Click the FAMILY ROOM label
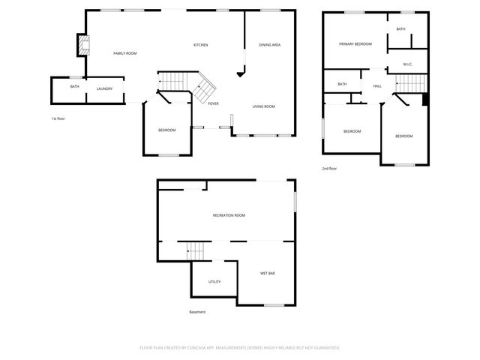pyautogui.click(x=124, y=53)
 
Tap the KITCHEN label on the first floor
pyautogui.click(x=200, y=45)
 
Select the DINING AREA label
pyautogui.click(x=269, y=45)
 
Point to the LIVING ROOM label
pyautogui.click(x=263, y=106)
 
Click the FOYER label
pyautogui.click(x=213, y=103)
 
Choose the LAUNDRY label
pyautogui.click(x=104, y=88)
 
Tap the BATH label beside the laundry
pyautogui.click(x=74, y=86)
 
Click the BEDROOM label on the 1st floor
pyautogui.click(x=166, y=130)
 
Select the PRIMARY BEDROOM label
pyautogui.click(x=355, y=44)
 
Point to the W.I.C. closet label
pyautogui.click(x=407, y=64)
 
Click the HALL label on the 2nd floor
pyautogui.click(x=377, y=86)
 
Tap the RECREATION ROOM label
pyautogui.click(x=229, y=215)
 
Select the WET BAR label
pyautogui.click(x=268, y=273)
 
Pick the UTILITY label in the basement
pyautogui.click(x=214, y=281)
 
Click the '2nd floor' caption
pyautogui.click(x=329, y=169)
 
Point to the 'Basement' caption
pyautogui.click(x=197, y=312)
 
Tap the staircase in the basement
pyautogui.click(x=196, y=250)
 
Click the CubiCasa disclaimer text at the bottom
pyautogui.click(x=240, y=347)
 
